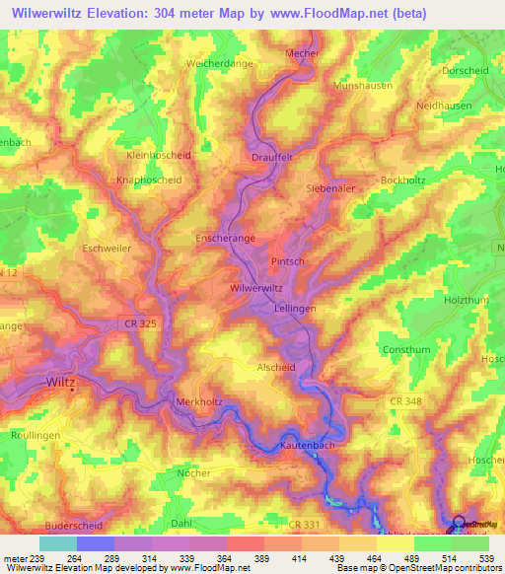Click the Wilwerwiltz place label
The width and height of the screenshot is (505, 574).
(255, 288)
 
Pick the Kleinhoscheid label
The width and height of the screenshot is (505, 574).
(159, 156)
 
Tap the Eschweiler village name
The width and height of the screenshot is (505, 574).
(108, 249)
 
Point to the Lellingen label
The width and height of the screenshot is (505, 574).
(294, 309)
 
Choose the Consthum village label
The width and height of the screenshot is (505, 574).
(405, 350)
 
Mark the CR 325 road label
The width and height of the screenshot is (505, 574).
(142, 323)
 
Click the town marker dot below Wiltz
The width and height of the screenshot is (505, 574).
(72, 391)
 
